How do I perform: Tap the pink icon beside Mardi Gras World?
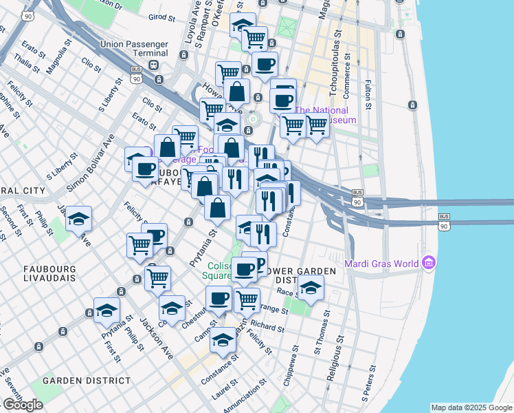click(429, 262)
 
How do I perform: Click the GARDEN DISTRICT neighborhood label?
click(87, 380)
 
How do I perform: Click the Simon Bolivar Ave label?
click(90, 160)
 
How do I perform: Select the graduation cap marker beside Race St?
click(311, 289)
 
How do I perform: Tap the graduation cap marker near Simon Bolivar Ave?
click(79, 220)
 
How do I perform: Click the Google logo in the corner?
click(22, 405)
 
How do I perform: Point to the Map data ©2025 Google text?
click(471, 407)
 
